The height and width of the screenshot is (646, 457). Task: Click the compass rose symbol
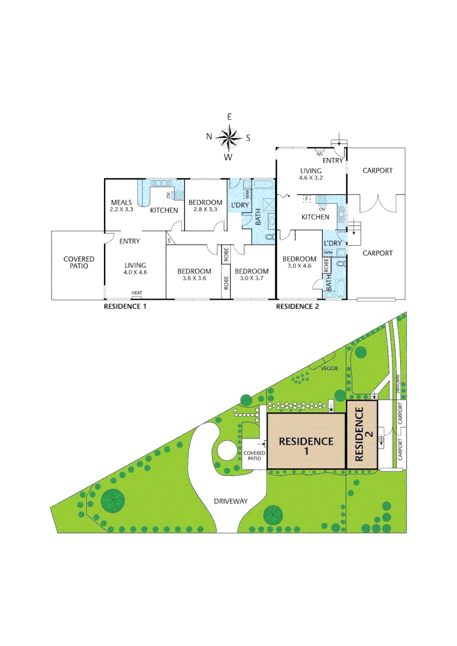coord(228,137)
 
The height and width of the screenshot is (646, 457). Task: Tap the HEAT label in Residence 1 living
coord(137,293)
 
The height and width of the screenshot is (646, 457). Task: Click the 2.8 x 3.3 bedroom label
coord(205,206)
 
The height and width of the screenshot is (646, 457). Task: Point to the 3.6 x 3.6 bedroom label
coord(194,275)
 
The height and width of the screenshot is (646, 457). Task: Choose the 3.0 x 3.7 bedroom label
coord(251,275)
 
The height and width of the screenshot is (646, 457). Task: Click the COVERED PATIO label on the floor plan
coord(79,263)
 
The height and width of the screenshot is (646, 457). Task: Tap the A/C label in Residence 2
coord(319,154)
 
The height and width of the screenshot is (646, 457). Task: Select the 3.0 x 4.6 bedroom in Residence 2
coord(300,263)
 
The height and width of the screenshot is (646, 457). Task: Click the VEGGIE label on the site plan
coord(329,368)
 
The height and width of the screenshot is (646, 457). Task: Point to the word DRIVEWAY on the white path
coord(230,501)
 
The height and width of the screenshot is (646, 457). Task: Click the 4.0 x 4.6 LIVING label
coord(135,269)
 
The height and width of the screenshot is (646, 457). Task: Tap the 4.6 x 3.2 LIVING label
coord(310,174)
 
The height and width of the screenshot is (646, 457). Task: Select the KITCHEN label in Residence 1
coord(163,210)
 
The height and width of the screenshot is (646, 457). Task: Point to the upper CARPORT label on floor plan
coord(377,170)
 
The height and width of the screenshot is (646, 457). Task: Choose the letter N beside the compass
coord(209,136)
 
